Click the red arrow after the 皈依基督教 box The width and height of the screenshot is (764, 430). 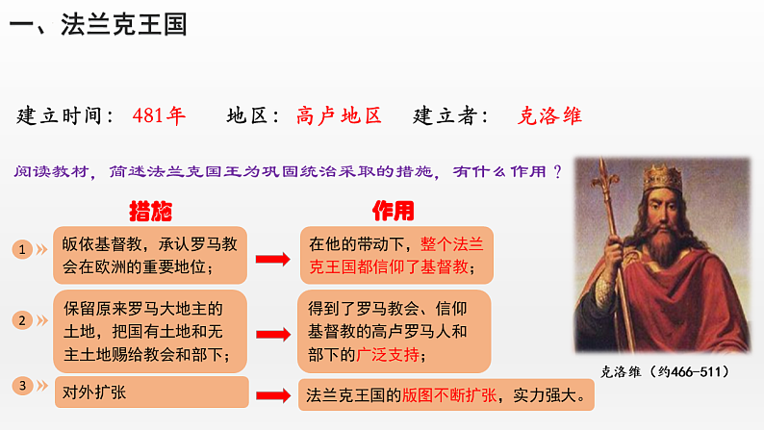coord(272,258)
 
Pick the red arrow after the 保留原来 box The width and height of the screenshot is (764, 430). coord(272,334)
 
